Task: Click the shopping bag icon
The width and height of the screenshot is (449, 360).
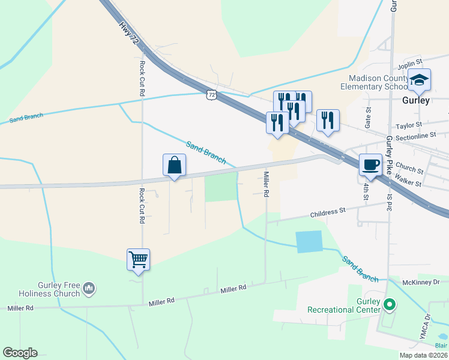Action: [174, 165]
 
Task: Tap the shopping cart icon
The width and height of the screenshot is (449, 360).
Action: [138, 260]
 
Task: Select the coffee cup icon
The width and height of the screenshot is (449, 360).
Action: [370, 164]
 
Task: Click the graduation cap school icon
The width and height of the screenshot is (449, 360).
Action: [420, 80]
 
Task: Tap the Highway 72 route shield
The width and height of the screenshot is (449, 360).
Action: [211, 95]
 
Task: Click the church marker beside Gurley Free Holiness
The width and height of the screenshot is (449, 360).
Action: [89, 289]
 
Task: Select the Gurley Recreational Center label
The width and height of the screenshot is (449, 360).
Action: [344, 305]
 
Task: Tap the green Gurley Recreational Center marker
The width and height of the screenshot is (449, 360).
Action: [389, 305]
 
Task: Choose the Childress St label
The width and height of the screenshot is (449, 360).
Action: [328, 212]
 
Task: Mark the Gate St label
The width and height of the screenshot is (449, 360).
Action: [368, 118]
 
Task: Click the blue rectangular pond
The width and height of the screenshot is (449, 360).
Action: [309, 241]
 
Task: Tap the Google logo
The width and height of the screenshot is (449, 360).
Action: [20, 353]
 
